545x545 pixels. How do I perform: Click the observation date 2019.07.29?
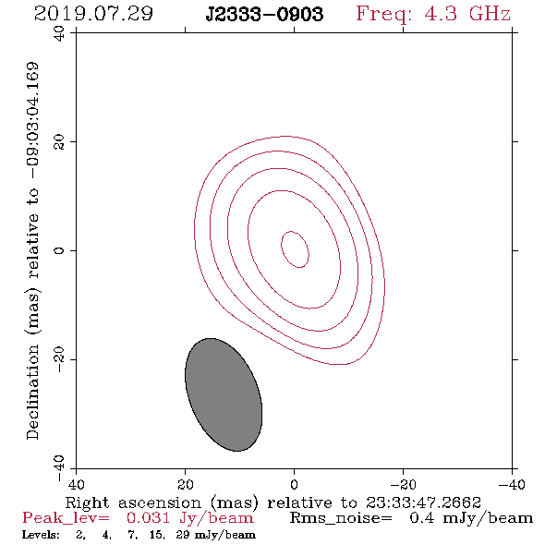pyautogui.click(x=93, y=14)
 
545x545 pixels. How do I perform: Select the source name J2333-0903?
pyautogui.click(x=264, y=15)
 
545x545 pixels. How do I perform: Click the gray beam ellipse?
pyautogui.click(x=224, y=394)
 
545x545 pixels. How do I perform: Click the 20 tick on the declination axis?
pyautogui.click(x=59, y=142)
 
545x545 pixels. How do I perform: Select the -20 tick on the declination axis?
pyautogui.click(x=59, y=359)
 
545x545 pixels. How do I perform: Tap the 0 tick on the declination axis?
pyautogui.click(x=59, y=250)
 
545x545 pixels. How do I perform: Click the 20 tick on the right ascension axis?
pyautogui.click(x=185, y=485)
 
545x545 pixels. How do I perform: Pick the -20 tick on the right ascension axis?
pyautogui.click(x=403, y=485)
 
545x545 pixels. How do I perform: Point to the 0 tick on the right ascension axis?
pyautogui.click(x=294, y=485)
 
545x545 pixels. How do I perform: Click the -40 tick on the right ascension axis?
pyautogui.click(x=512, y=485)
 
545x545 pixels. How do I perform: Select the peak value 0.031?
pyautogui.click(x=148, y=518)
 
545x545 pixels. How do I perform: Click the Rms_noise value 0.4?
pyautogui.click(x=421, y=518)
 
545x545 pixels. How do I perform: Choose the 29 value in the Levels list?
pyautogui.click(x=182, y=534)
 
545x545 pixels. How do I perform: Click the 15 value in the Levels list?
pyautogui.click(x=157, y=535)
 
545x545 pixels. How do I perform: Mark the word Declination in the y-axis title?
pyautogui.click(x=32, y=392)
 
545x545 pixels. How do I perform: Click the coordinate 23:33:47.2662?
pyautogui.click(x=423, y=503)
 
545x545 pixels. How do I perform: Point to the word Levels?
pyautogui.click(x=41, y=535)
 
